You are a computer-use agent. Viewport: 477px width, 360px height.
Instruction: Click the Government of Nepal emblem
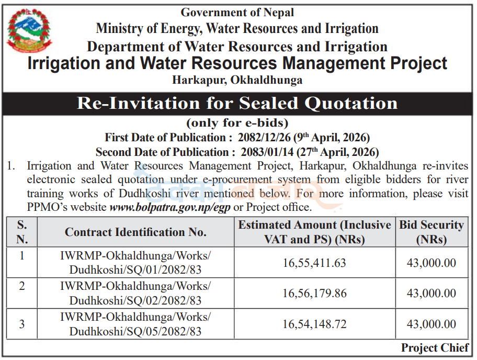(x=29, y=31)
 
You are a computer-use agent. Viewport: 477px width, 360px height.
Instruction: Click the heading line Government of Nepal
(x=237, y=13)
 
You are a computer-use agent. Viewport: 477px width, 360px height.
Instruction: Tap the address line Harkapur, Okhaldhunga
(x=237, y=80)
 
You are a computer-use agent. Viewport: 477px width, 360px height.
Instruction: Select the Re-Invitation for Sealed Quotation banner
(x=237, y=103)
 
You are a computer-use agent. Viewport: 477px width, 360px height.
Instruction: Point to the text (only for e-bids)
(x=237, y=123)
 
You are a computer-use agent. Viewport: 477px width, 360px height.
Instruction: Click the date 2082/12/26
(x=264, y=138)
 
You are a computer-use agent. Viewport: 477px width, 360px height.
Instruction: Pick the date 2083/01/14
(x=267, y=152)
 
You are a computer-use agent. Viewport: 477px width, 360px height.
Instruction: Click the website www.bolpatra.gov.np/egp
(x=170, y=207)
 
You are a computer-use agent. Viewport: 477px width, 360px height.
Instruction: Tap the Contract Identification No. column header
(x=135, y=232)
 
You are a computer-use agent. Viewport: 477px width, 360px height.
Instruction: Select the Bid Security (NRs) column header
(x=431, y=232)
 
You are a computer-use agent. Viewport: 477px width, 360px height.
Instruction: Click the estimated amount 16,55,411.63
(x=314, y=263)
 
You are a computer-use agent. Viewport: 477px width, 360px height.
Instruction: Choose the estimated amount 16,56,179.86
(x=314, y=294)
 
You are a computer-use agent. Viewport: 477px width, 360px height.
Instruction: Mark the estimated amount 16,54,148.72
(x=314, y=324)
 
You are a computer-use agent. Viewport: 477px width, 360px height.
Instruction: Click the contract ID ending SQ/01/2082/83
(x=135, y=263)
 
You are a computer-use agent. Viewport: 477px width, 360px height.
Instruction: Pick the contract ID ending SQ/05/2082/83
(x=135, y=324)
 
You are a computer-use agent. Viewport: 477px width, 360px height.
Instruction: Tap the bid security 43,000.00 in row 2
(x=431, y=294)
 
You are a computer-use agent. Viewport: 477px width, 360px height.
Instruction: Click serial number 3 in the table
(x=22, y=324)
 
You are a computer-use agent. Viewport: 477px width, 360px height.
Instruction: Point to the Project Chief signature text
(x=435, y=347)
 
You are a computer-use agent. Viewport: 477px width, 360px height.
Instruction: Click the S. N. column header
(x=22, y=232)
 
